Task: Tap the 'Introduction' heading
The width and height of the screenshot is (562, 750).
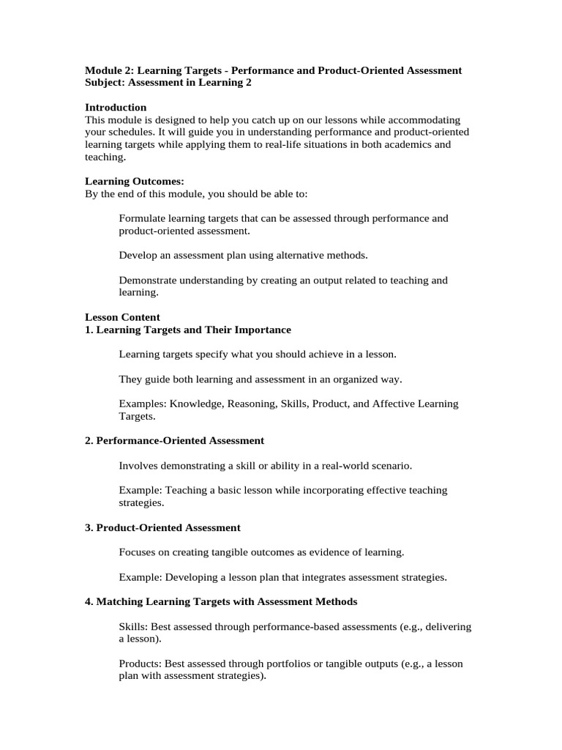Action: point(116,108)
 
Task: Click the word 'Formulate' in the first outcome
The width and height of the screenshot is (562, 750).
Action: point(142,218)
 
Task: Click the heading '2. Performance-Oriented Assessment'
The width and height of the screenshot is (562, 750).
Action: point(174,441)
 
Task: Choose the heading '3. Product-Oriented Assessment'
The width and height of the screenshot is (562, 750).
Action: point(162,527)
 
